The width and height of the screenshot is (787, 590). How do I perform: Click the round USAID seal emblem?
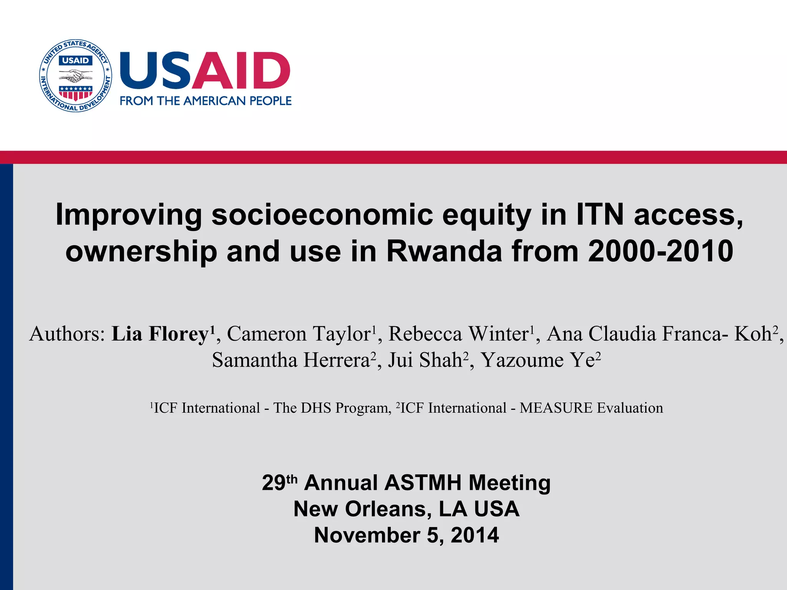(76, 76)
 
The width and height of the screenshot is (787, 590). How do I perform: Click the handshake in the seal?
(75, 75)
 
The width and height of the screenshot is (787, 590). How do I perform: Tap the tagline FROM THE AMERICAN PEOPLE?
(206, 101)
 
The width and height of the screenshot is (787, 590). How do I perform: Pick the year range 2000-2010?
(661, 251)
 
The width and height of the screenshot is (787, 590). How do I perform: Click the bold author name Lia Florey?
(160, 333)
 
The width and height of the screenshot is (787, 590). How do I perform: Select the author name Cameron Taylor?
(299, 333)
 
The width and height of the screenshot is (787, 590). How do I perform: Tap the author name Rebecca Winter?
(459, 333)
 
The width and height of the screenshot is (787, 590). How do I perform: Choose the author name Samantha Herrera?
(291, 360)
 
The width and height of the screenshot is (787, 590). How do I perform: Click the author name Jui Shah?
(425, 360)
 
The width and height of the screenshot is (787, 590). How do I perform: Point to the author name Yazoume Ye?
(538, 360)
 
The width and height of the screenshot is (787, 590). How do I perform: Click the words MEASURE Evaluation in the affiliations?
(591, 408)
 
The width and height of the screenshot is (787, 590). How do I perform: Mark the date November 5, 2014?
(406, 535)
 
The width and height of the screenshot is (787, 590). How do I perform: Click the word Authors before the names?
(67, 333)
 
